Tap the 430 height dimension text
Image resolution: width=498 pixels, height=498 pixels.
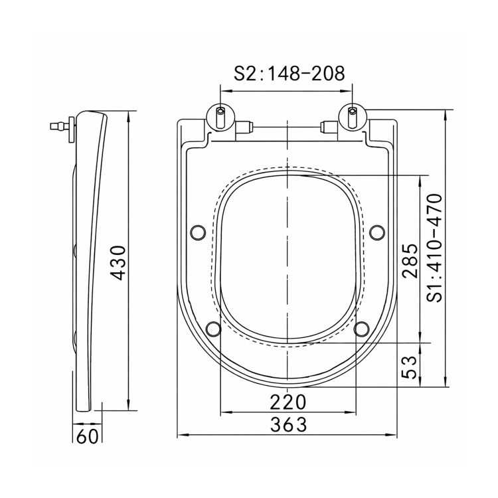[118, 262]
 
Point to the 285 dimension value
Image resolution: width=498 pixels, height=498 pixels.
[410, 260]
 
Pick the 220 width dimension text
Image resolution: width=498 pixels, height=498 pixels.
[288, 402]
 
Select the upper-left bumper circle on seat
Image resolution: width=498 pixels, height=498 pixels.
[197, 232]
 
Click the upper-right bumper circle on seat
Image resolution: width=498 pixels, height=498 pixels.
[376, 232]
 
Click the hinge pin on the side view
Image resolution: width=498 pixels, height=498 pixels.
[60, 125]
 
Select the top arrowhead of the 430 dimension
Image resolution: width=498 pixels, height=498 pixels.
[128, 114]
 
